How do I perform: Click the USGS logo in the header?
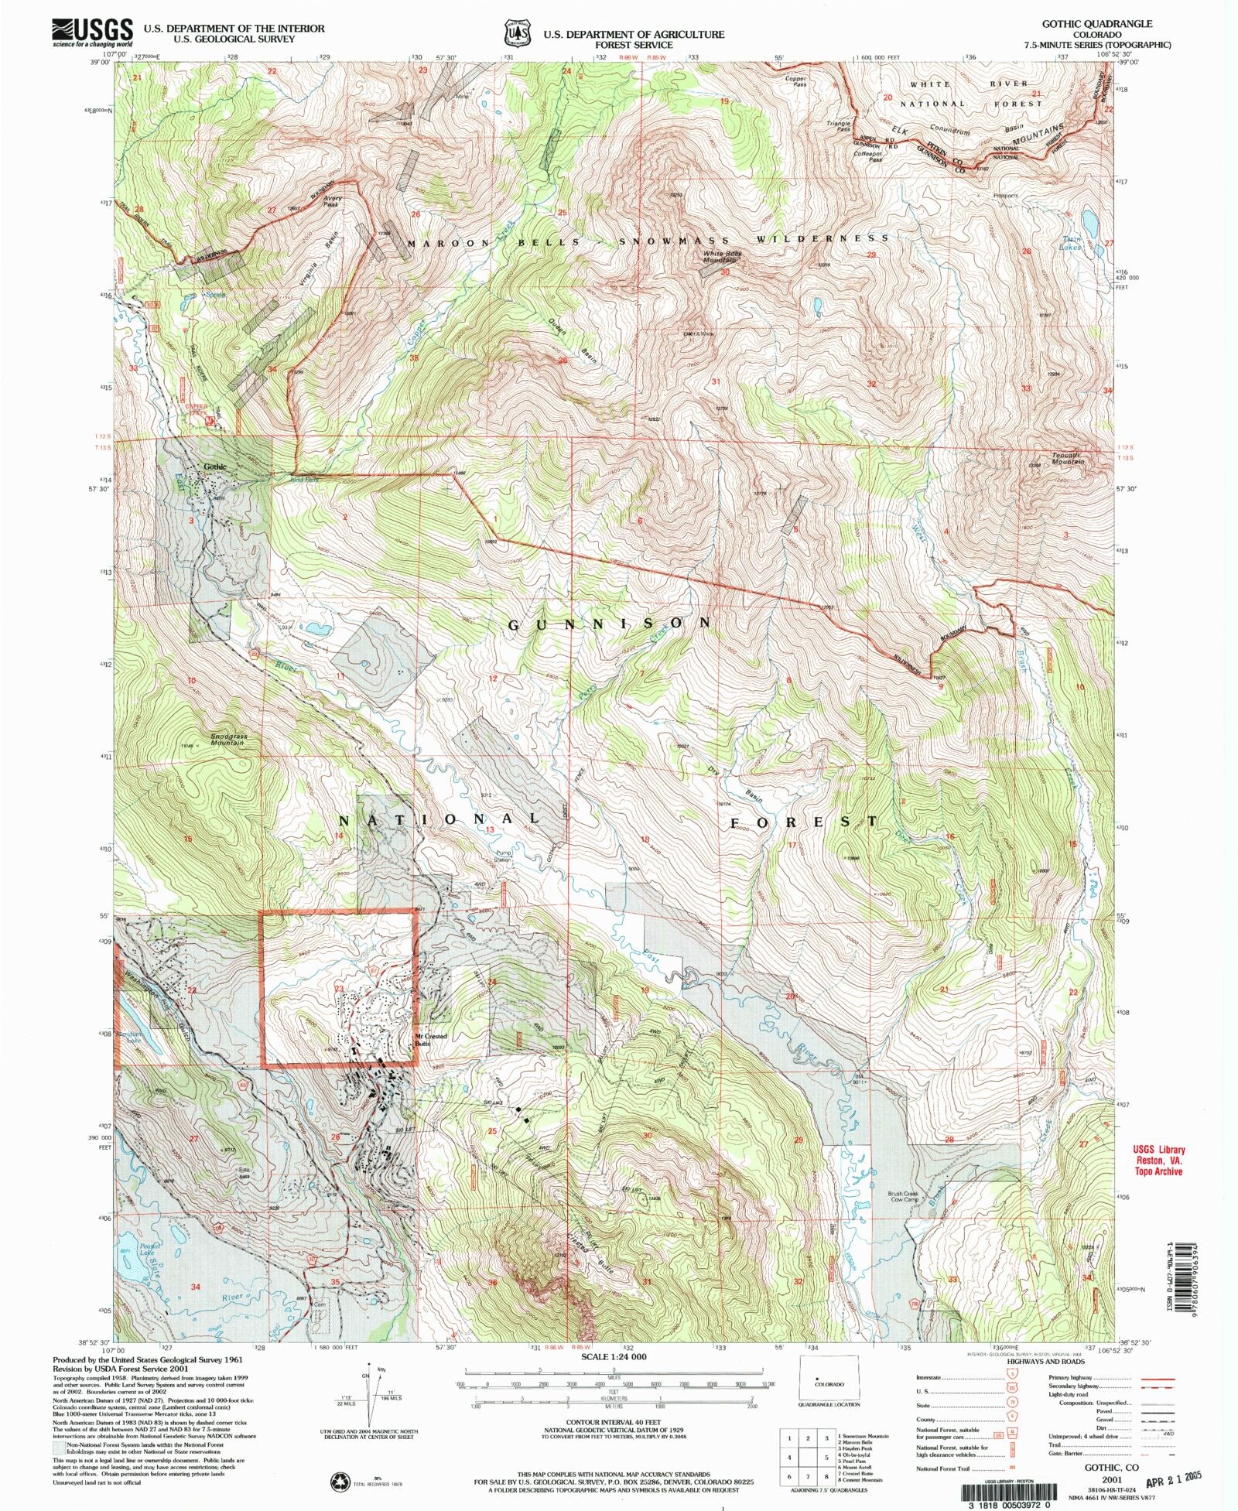tap(92, 32)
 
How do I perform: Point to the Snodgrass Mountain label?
tap(229, 740)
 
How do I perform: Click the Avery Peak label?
tap(331, 202)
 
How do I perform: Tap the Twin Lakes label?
tap(1071, 244)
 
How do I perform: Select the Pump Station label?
tap(503, 857)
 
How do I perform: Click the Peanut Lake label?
tap(149, 1249)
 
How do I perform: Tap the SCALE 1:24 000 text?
tap(615, 1357)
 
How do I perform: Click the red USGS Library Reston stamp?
tap(1159, 1161)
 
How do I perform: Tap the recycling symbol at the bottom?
tap(340, 1482)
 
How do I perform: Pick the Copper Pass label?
tap(795, 80)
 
